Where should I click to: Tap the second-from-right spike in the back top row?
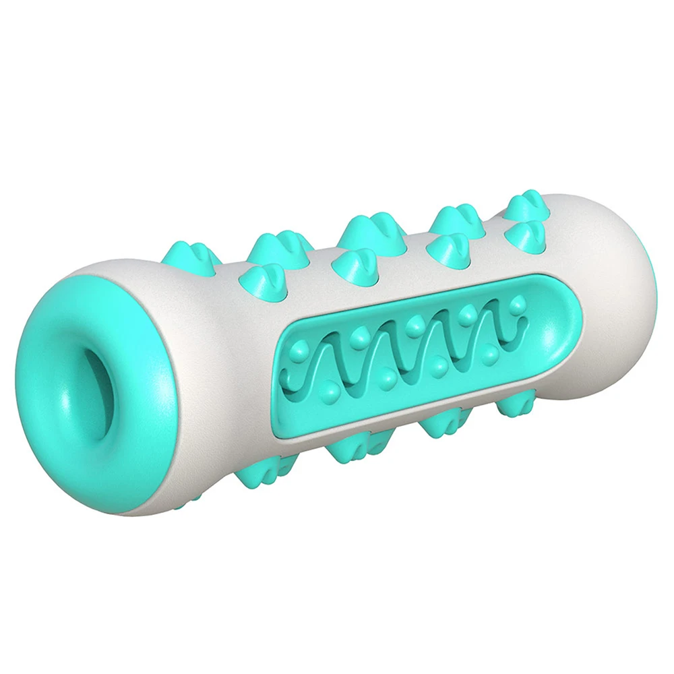pyautogui.click(x=456, y=219)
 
